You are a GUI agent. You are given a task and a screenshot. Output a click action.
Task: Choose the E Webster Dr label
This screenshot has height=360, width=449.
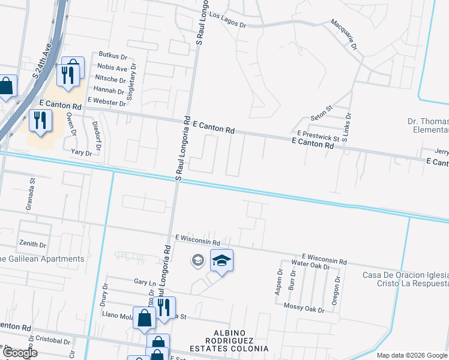click(x=106, y=102)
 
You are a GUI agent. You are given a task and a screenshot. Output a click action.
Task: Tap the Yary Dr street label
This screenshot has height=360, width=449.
click(x=81, y=153)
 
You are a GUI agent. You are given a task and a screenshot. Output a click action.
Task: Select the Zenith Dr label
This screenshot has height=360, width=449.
click(x=32, y=245)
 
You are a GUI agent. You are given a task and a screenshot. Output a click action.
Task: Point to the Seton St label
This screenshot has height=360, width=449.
click(x=321, y=113)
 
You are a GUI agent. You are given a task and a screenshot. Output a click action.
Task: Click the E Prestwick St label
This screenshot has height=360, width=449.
click(x=318, y=134)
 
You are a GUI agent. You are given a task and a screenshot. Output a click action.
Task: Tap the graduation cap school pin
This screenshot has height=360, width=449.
click(x=221, y=260)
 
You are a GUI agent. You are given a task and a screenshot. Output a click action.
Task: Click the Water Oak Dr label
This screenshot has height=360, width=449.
click(x=310, y=264)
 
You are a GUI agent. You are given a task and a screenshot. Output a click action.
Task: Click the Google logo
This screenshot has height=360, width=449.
click(x=19, y=353)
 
